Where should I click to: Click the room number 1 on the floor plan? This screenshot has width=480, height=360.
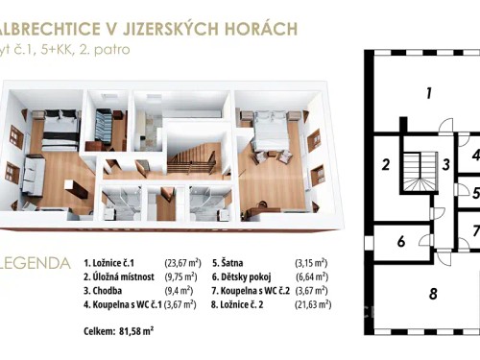[x=430, y=93]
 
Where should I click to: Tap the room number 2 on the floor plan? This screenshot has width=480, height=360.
[x=385, y=164]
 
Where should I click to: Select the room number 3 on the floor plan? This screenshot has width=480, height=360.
[x=447, y=164]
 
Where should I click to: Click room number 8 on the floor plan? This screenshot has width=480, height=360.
[x=433, y=293]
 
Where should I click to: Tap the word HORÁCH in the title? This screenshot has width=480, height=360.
[x=255, y=30]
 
